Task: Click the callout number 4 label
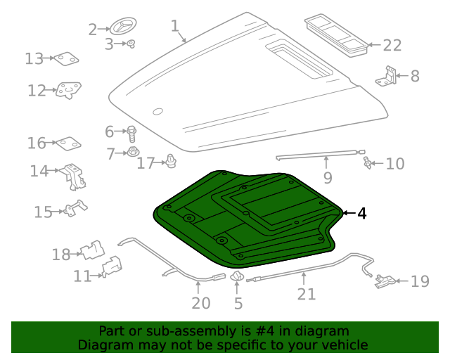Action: [361, 213]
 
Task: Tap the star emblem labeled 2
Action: [120, 28]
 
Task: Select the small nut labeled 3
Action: [131, 44]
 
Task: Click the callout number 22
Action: [392, 46]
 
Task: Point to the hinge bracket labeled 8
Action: [387, 76]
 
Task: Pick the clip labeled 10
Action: [367, 164]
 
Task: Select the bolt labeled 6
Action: [131, 131]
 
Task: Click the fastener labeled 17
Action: [170, 162]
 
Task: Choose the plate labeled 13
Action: [67, 59]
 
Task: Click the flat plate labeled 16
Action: [68, 143]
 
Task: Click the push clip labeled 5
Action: [237, 278]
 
